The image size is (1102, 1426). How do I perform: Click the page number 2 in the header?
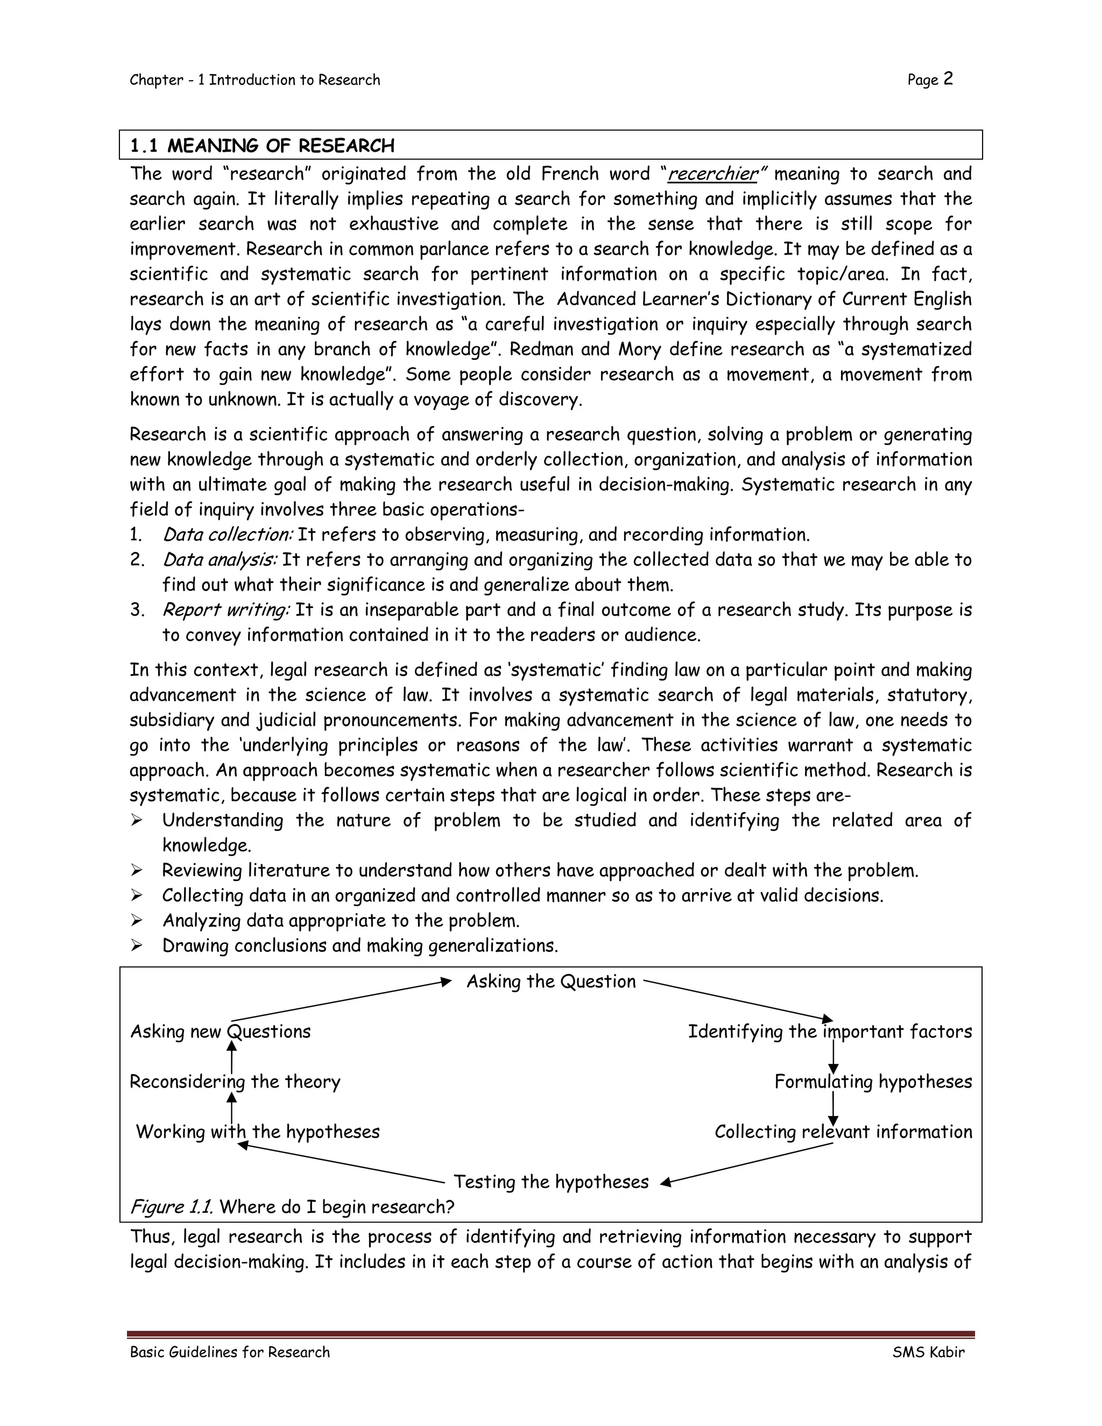[x=948, y=79]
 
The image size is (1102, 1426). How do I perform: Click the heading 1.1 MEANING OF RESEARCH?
[x=263, y=146]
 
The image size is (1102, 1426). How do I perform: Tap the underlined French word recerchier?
[x=712, y=174]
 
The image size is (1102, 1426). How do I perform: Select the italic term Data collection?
[x=228, y=535]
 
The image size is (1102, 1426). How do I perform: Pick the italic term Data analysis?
[x=220, y=560]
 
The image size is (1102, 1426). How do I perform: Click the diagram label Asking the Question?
[x=551, y=982]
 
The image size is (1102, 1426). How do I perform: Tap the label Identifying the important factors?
[x=830, y=1032]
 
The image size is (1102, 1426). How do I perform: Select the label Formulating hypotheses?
[x=873, y=1082]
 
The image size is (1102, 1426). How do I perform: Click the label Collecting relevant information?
[x=843, y=1132]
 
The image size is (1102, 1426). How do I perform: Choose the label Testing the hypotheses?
[x=551, y=1182]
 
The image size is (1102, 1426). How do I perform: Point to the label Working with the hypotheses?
[x=258, y=1132]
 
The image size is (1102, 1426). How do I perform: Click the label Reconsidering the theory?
[x=235, y=1082]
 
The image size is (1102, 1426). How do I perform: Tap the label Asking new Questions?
[x=221, y=1032]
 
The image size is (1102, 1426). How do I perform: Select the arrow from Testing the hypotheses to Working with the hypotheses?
[x=340, y=1162]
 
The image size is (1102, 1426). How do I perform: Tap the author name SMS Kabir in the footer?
[x=928, y=1352]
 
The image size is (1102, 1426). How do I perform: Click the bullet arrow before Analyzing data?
[x=137, y=921]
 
